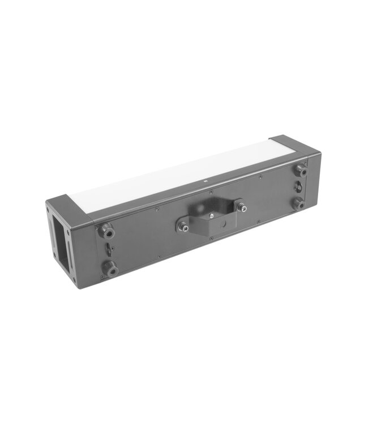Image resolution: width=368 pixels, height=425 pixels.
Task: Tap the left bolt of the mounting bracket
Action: coord(182,226)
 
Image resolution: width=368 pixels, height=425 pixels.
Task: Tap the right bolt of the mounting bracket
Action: coord(241,207)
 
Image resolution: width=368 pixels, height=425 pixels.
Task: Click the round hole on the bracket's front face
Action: coord(222,222)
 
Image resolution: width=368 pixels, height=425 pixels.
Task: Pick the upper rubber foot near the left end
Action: coord(105,231)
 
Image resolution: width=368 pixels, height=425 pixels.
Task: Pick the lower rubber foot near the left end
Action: coord(109,268)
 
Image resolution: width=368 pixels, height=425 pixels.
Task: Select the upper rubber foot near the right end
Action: coord(301,170)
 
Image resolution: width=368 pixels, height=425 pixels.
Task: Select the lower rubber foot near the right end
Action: coord(299,203)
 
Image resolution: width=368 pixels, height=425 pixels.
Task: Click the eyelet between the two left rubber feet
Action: coord(108,249)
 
